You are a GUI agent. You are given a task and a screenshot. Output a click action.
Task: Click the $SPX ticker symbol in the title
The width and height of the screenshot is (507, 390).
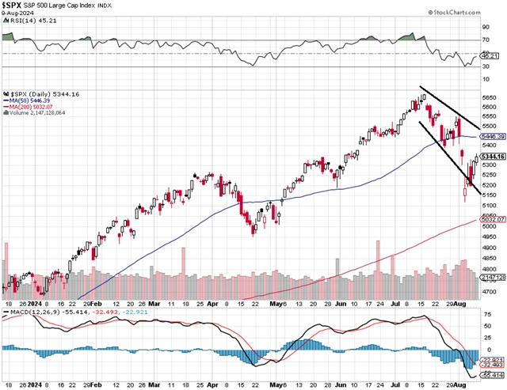click(11, 6)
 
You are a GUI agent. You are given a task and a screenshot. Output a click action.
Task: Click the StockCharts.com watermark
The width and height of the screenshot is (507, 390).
click(472, 13)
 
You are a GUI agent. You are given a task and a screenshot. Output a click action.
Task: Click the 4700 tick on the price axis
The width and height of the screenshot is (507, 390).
click(488, 292)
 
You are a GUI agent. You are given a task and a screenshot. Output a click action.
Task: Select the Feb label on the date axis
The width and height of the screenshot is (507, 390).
click(94, 303)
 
